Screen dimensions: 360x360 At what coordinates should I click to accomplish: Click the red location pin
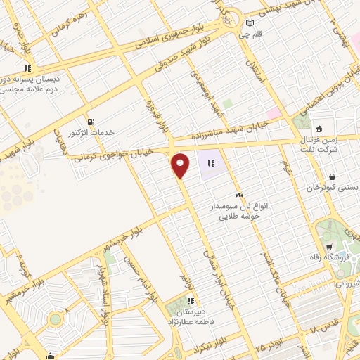pyautogui.click(x=181, y=165)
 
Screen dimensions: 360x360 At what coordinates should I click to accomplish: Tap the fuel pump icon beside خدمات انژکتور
pyautogui.click(x=89, y=121)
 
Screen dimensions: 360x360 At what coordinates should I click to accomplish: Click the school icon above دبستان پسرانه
pyautogui.click(x=28, y=69)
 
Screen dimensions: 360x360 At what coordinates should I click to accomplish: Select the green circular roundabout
pyautogui.click(x=55, y=320)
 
